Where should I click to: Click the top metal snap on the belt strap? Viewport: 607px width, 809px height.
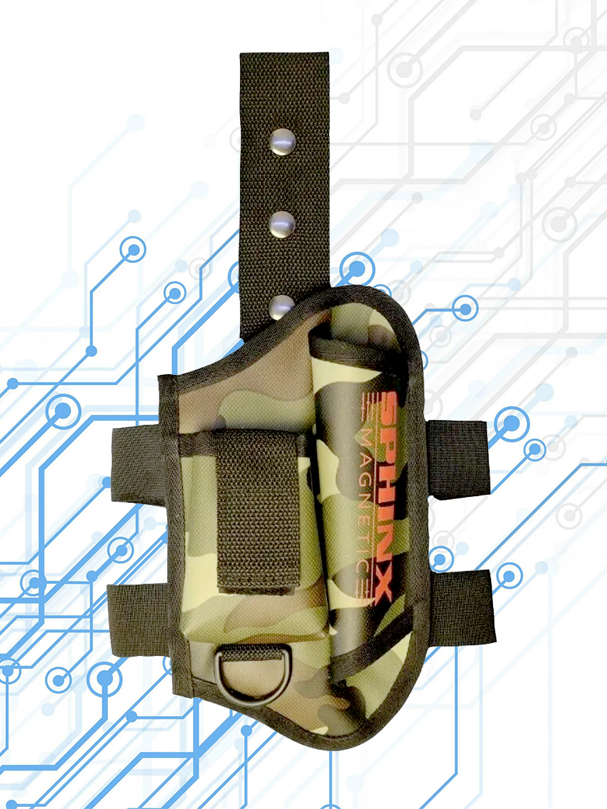click(283, 142)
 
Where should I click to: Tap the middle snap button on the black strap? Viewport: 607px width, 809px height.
click(283, 224)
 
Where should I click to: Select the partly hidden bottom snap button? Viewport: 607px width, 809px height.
click(281, 307)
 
